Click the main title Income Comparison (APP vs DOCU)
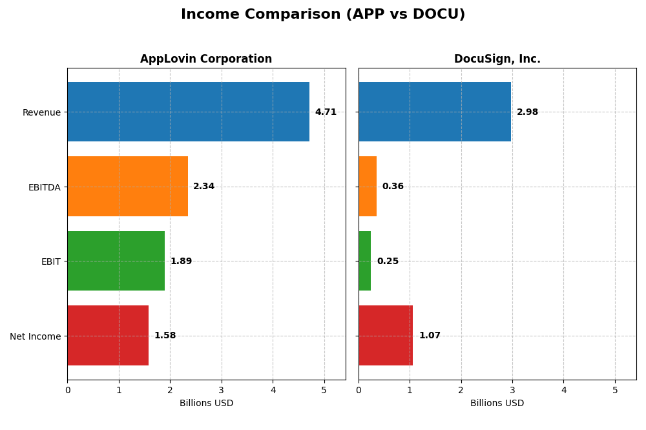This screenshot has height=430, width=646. [x=323, y=14]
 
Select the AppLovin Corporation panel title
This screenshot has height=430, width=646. [x=206, y=59]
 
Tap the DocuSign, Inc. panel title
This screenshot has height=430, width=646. [x=497, y=59]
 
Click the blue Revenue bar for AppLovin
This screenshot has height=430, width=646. [x=188, y=112]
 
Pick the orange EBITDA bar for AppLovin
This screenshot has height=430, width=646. [x=127, y=186]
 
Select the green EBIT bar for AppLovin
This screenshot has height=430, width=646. [x=116, y=261]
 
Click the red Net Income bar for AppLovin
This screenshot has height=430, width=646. [x=108, y=335]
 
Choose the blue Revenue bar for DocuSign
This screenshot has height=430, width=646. [x=435, y=112]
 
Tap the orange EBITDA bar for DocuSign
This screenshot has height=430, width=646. [x=368, y=186]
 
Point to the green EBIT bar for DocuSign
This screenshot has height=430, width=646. [x=365, y=261]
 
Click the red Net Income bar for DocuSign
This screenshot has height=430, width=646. [x=386, y=335]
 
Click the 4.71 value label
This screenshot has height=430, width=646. [x=326, y=112]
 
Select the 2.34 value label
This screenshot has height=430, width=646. [x=203, y=187]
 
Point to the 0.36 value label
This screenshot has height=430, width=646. [x=393, y=187]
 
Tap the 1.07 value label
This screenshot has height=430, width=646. [x=430, y=336]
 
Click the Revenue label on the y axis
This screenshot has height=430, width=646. [x=41, y=112]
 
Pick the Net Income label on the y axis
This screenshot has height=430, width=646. [x=35, y=336]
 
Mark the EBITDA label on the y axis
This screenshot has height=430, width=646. [x=44, y=187]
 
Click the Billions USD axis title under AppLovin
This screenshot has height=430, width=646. [x=206, y=403]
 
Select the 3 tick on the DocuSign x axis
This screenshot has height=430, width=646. [x=512, y=390]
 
